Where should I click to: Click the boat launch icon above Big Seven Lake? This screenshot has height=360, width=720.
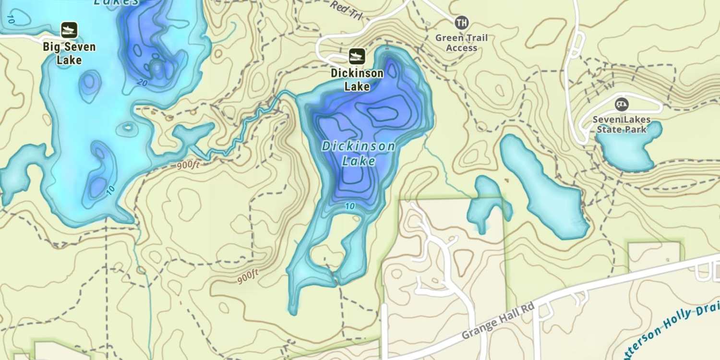tap(69, 30)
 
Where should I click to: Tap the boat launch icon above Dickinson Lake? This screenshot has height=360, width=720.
tap(357, 57)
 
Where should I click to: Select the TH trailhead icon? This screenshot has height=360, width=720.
tap(461, 22)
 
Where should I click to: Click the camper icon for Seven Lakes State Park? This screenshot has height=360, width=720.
tap(622, 104)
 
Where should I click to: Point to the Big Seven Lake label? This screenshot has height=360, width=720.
tap(69, 53)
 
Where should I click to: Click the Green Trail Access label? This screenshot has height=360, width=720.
tap(461, 43)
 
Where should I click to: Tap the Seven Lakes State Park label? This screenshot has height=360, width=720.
tap(622, 124)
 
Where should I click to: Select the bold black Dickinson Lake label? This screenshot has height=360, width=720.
tap(357, 80)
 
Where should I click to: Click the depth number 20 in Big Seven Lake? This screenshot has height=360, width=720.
tap(141, 83)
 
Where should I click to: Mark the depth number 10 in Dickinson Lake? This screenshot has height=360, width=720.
tap(350, 206)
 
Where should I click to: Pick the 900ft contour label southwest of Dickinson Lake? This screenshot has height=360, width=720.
tap(248, 276)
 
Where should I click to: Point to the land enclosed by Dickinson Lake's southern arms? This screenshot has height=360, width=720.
tap(326, 254)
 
